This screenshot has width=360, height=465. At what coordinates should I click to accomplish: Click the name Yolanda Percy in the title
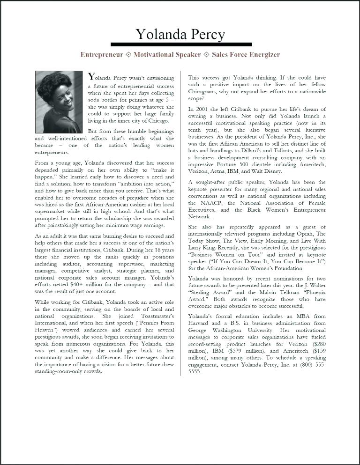(x=180, y=34)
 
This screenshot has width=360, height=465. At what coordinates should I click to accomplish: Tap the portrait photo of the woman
(x=59, y=102)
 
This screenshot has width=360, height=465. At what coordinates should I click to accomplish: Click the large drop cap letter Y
(x=92, y=77)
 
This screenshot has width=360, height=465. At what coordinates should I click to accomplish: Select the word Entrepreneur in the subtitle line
(x=102, y=55)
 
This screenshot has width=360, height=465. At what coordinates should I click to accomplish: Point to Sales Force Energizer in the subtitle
(x=246, y=55)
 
